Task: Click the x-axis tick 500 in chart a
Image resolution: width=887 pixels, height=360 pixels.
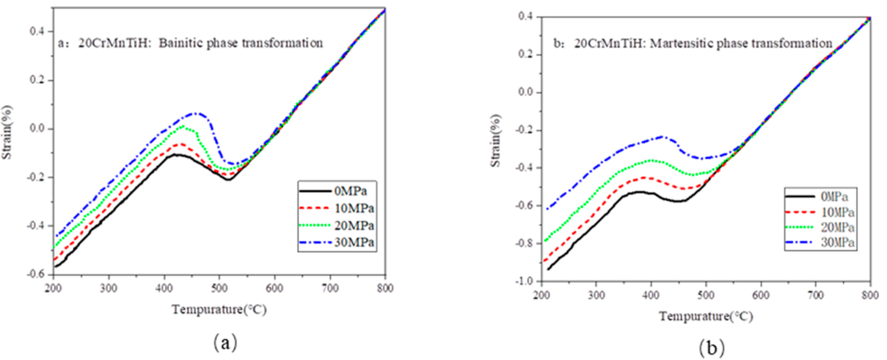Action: pos(219,289)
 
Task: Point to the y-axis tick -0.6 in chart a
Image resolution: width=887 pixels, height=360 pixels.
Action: pos(36,275)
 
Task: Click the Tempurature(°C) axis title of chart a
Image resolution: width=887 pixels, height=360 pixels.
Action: pos(219,310)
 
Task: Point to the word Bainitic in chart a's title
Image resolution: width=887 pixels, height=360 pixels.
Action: pos(181,43)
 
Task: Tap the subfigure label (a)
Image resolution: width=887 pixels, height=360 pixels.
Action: pos(225,343)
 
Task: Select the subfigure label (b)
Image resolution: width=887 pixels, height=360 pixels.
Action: pos(711,347)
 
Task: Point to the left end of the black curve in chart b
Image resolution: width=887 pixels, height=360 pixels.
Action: pos(548,269)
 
